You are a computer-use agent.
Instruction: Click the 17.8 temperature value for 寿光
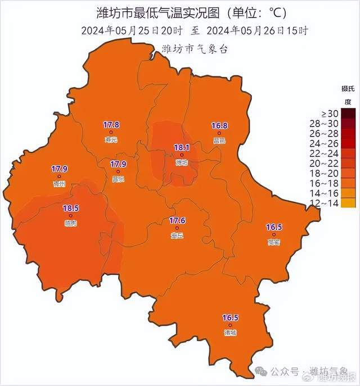click(x=111, y=125)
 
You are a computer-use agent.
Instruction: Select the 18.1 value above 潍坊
click(x=181, y=147)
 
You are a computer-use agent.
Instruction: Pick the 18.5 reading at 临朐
click(x=70, y=208)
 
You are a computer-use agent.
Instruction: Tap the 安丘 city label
click(x=177, y=236)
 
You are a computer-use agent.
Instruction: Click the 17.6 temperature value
click(x=177, y=221)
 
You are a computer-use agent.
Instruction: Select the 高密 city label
click(x=274, y=242)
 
